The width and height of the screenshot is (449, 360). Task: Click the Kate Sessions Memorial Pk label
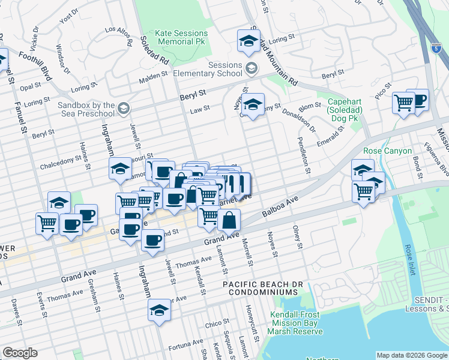tap(181, 37)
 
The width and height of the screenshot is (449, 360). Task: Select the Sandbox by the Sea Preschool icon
tap(123, 109)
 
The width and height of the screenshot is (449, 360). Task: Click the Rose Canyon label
tap(387, 151)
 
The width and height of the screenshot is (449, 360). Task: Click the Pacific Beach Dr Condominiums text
tap(261, 287)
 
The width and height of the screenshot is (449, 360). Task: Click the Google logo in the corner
tap(19, 353)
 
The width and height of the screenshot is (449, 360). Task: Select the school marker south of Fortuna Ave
tap(159, 311)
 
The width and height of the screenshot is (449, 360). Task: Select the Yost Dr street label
tap(68, 16)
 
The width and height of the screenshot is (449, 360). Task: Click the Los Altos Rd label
tap(118, 35)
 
